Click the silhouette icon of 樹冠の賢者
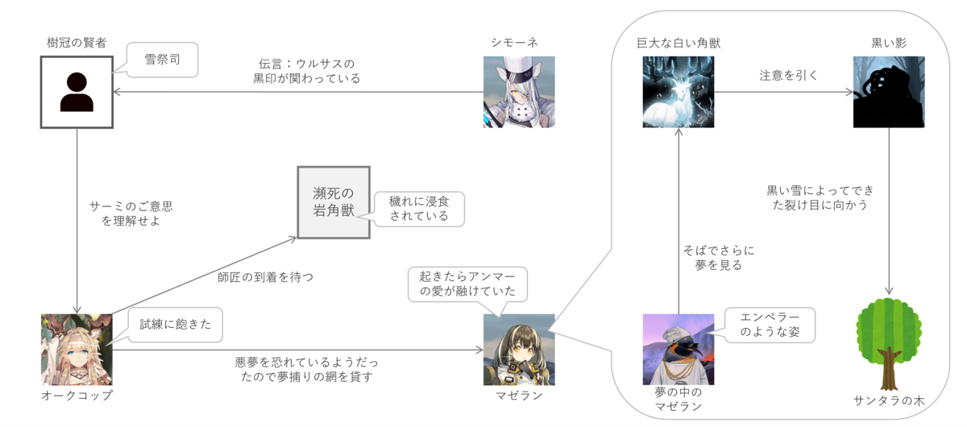pos(77,91)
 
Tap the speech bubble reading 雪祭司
pos(161,60)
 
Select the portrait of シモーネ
pos(519,91)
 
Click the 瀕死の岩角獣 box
pos(334,202)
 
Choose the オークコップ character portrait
pos(77,349)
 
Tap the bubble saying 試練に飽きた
pos(169,325)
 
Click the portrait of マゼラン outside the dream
pos(519,349)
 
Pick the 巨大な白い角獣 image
pos(679,91)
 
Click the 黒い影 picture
pos(889,91)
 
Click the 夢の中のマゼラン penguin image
pos(679,349)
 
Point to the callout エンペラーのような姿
pos(769,324)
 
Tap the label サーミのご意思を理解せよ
pos(131,213)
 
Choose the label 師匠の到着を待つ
pos(265,276)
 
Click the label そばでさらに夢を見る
pos(718,257)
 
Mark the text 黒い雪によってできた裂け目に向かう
pos(820,198)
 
